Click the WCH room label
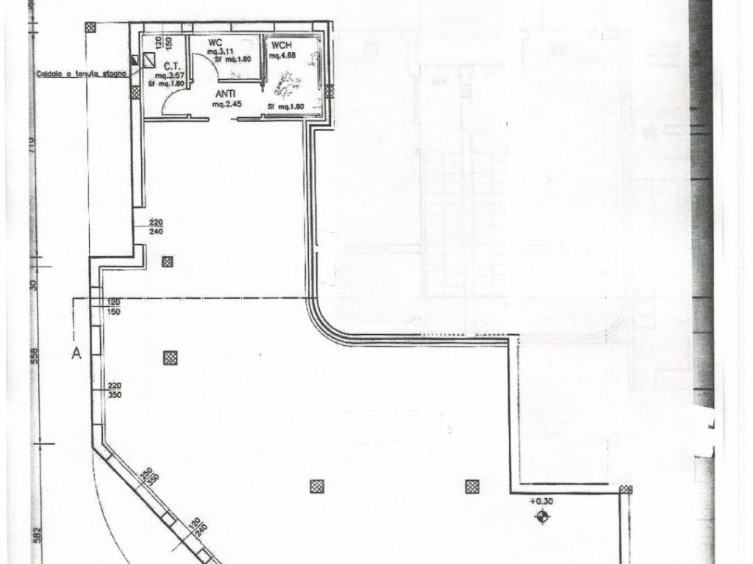point(279,44)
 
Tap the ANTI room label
point(225,94)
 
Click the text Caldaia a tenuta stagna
point(81,74)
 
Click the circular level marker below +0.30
point(542,517)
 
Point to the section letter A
point(75,353)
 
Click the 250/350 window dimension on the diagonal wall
point(146,476)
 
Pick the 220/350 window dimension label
point(114,390)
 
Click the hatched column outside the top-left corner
point(90,28)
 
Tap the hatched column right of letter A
point(170,358)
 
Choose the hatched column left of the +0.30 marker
point(471,486)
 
